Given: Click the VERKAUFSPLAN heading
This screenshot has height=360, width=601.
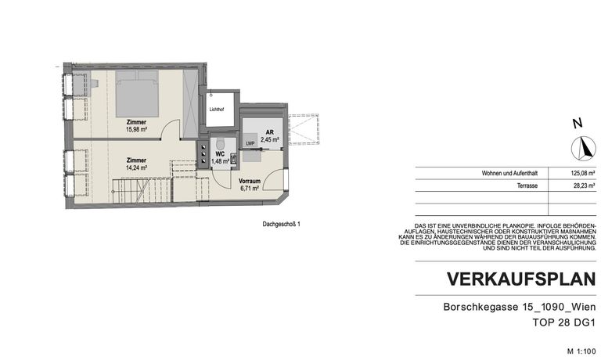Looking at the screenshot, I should [x=520, y=279].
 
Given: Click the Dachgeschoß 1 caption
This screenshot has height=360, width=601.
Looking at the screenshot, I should [x=282, y=224].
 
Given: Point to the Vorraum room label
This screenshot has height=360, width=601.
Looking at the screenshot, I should [x=250, y=181].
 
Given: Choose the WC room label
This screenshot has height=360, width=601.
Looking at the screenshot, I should [x=221, y=154].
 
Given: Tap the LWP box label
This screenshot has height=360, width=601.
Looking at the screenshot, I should [x=250, y=143].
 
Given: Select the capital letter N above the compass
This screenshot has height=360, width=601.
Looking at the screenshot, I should [x=577, y=124].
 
